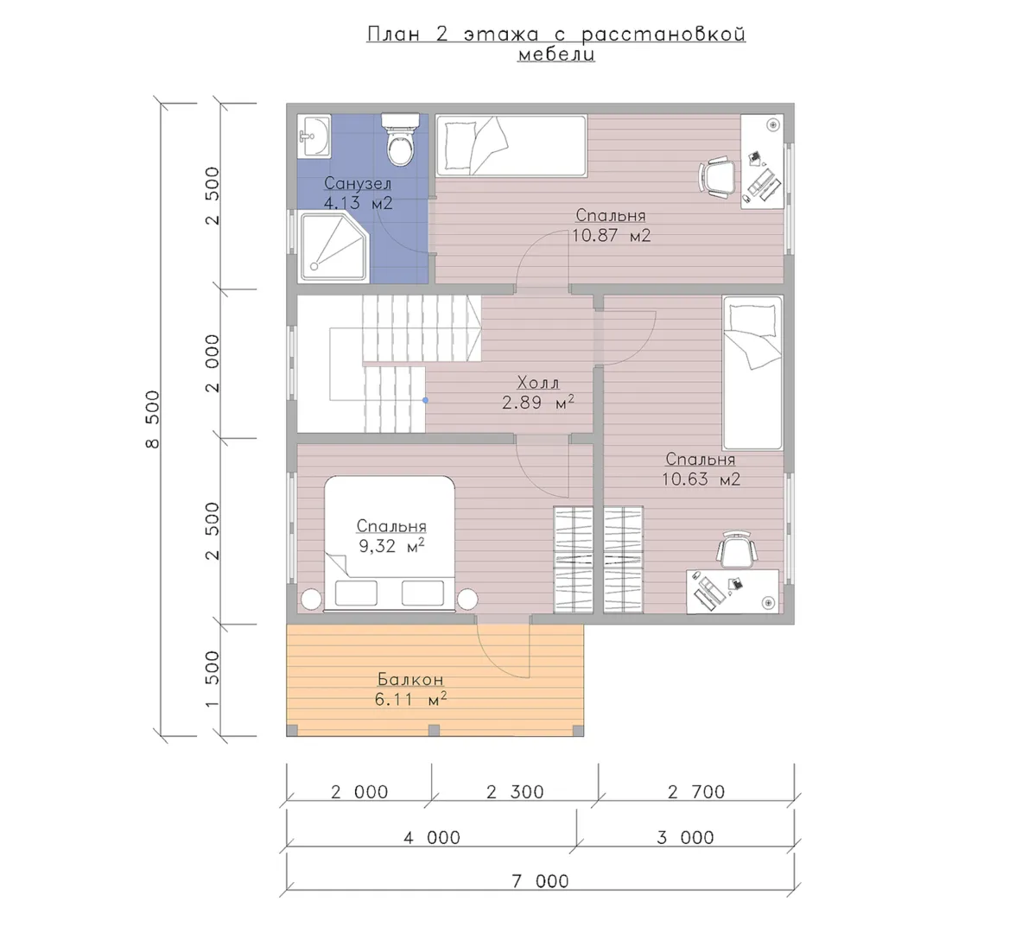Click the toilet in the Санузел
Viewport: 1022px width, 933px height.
pos(399,140)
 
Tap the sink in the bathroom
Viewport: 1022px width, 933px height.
pos(314,136)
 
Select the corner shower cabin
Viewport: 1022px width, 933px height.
pos(333,246)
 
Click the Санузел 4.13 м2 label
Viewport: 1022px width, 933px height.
pos(358,193)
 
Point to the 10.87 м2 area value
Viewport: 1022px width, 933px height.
pos(611,235)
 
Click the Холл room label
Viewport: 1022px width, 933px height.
pos(537,382)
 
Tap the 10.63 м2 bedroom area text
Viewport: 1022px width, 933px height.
pos(701,479)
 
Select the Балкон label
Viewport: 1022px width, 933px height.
pos(410,679)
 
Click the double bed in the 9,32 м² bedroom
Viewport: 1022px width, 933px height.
pos(389,543)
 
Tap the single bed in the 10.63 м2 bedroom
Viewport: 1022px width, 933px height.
pos(752,372)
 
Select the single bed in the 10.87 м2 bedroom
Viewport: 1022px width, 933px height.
pos(511,145)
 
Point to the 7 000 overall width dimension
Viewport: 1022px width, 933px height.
pos(540,881)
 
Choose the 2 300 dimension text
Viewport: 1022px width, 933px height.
pos(515,791)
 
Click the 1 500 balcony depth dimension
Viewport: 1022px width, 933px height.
pos(213,679)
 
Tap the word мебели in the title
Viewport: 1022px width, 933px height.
pos(556,54)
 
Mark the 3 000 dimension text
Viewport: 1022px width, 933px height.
pos(686,837)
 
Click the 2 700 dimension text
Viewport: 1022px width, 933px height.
pos(696,791)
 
